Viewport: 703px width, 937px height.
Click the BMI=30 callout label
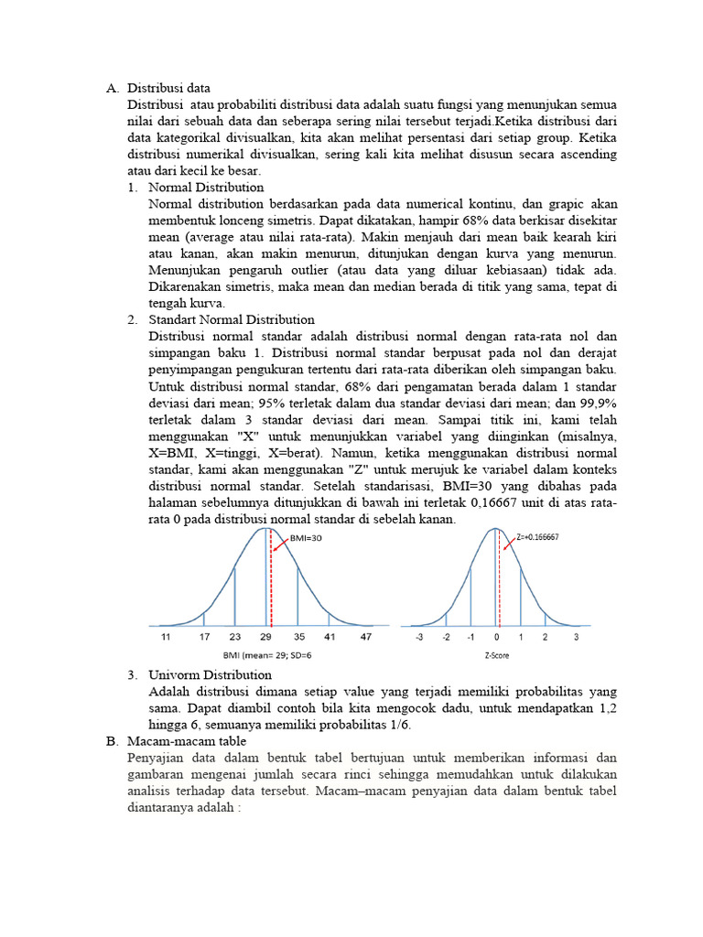click(305, 539)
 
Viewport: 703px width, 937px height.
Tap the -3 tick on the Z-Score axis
click(419, 636)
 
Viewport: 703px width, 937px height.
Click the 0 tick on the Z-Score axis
click(497, 636)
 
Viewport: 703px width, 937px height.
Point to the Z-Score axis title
click(497, 656)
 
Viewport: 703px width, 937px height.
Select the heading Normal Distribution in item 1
click(206, 187)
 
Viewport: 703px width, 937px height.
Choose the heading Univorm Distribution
click(210, 674)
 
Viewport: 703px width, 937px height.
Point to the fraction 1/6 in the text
click(398, 725)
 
